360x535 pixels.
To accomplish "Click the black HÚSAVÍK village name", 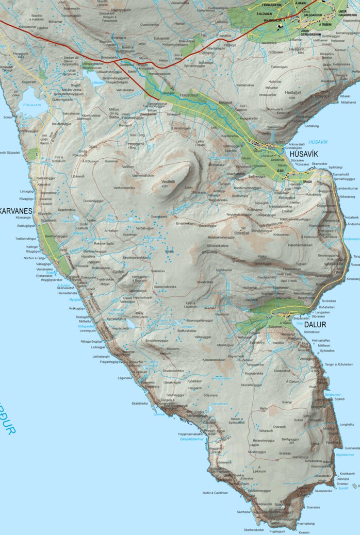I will click(x=303, y=154).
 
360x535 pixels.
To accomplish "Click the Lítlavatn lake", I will click(x=97, y=81).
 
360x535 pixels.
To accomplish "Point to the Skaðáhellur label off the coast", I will click(x=140, y=403).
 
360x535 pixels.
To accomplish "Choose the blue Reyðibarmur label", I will click(x=345, y=455).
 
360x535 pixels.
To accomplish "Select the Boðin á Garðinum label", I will click(x=215, y=493).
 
